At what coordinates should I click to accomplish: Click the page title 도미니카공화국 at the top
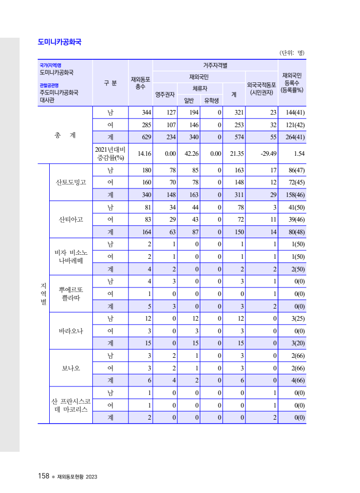[x=60, y=42]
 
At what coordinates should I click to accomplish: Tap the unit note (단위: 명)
[x=292, y=53]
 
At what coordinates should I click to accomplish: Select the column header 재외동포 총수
[x=141, y=83]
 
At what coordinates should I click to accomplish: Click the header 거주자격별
[x=215, y=65]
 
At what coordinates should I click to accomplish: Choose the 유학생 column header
[x=211, y=100]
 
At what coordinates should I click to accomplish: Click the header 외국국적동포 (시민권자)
[x=262, y=88]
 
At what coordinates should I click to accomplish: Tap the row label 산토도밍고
[x=71, y=182]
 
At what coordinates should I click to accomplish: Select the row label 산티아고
[x=71, y=219]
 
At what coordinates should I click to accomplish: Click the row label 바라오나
[x=71, y=331]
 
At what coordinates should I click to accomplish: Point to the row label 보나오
[x=71, y=368]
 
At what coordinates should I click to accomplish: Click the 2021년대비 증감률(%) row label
[x=110, y=154]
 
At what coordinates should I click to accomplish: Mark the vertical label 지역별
[x=43, y=293]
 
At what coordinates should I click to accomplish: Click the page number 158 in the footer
[x=43, y=476]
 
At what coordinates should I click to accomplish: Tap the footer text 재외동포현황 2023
[x=77, y=476]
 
